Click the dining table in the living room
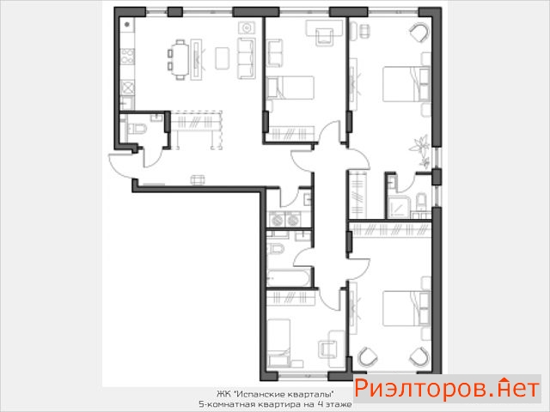[180, 60]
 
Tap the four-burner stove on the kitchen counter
[127, 57]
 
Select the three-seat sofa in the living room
[247, 58]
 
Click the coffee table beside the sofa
[223, 58]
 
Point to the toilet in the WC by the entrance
[137, 128]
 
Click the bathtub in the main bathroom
[289, 278]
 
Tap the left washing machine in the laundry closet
[277, 220]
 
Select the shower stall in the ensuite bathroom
[399, 208]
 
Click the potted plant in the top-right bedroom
[421, 150]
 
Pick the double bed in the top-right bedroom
[406, 84]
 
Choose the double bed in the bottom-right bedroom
[406, 308]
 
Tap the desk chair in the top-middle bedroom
[325, 37]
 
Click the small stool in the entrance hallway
[198, 179]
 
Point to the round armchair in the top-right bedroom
[419, 33]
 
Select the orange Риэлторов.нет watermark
[446, 389]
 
